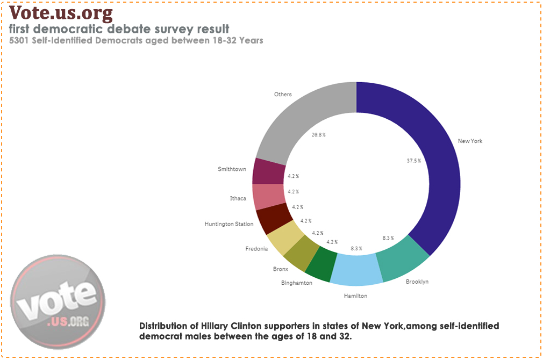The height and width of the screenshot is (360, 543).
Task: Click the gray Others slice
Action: click(301, 118)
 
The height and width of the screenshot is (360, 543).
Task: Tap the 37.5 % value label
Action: click(413, 160)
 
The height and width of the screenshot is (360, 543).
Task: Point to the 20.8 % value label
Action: click(318, 135)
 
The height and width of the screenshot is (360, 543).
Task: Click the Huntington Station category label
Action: click(229, 224)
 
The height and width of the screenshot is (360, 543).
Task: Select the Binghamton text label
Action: click(296, 283)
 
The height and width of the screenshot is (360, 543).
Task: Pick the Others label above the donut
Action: click(283, 95)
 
